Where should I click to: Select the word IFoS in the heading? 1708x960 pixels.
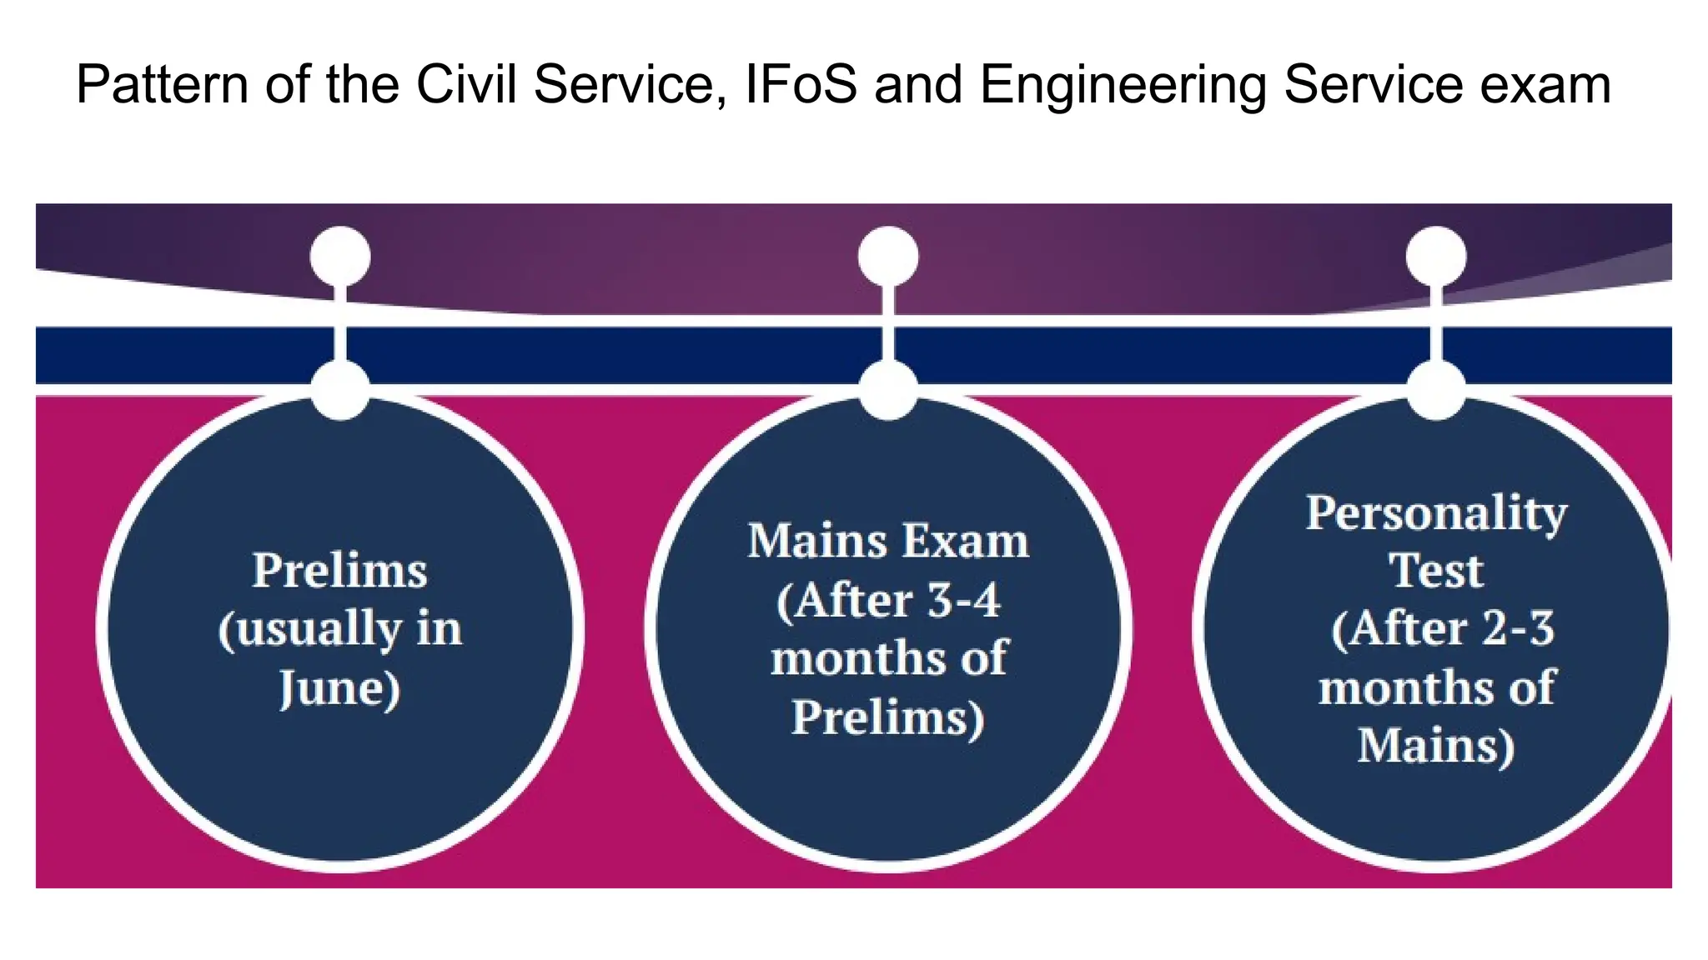(800, 85)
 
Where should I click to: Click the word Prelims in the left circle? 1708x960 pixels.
(339, 571)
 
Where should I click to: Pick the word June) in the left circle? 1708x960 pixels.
(339, 688)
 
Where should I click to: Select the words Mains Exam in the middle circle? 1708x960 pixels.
(887, 541)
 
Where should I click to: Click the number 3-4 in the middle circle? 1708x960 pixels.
(963, 600)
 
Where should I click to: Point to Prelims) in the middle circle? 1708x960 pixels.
(887, 717)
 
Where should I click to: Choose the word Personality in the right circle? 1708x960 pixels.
(1436, 512)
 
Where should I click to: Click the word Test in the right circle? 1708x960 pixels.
(1436, 571)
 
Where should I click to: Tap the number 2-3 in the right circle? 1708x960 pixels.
(1518, 628)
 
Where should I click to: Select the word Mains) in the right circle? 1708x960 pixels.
(1436, 746)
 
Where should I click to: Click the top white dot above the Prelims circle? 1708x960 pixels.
(340, 257)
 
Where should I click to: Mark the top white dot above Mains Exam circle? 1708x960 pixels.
(888, 257)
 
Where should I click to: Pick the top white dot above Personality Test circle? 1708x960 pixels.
(1436, 257)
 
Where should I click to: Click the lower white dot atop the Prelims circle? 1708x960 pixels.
(340, 389)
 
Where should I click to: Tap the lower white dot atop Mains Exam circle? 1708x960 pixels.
(888, 389)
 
